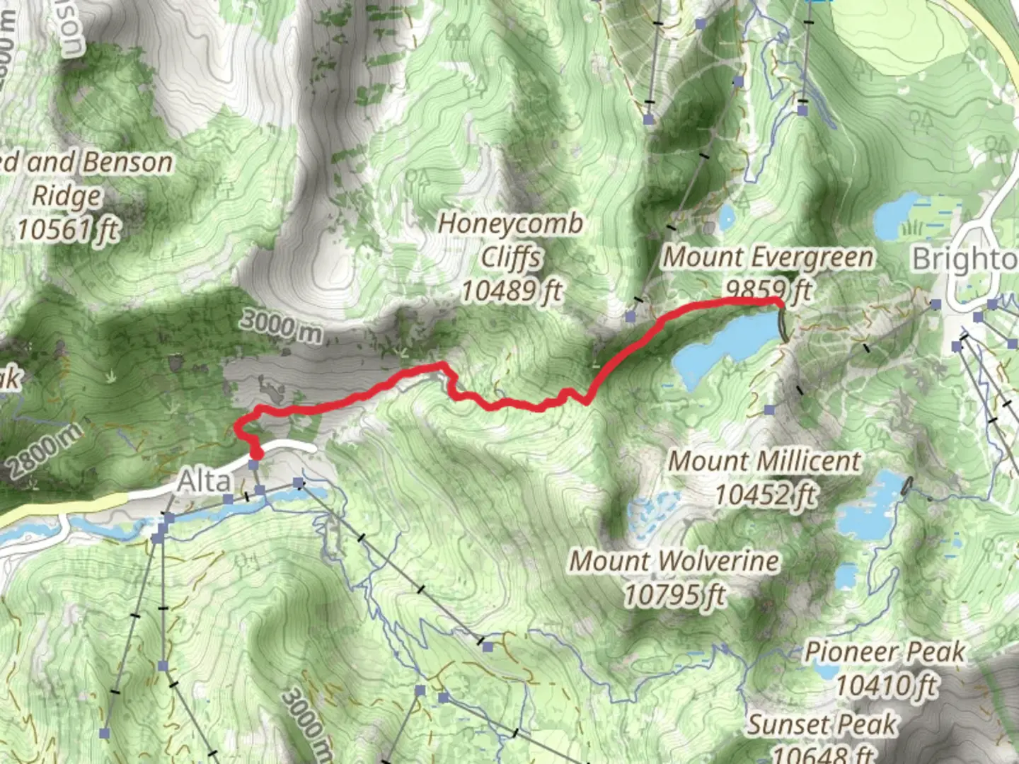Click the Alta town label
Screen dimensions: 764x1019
204,482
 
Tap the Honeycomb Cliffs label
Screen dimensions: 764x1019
511,241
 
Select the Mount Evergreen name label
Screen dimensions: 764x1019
768,257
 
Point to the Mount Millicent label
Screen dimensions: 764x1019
765,461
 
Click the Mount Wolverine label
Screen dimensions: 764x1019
674,561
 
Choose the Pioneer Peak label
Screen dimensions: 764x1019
885,652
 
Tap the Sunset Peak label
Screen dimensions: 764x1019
822,724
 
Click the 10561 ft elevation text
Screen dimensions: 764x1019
68,229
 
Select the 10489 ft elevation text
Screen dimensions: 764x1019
512,291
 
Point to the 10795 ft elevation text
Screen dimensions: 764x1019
674,595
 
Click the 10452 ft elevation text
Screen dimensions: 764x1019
765,494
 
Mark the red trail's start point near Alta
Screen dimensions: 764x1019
256,453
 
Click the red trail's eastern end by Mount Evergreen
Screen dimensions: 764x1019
779,303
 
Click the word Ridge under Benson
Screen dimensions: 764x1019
68,196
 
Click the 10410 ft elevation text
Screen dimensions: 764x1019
886,685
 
